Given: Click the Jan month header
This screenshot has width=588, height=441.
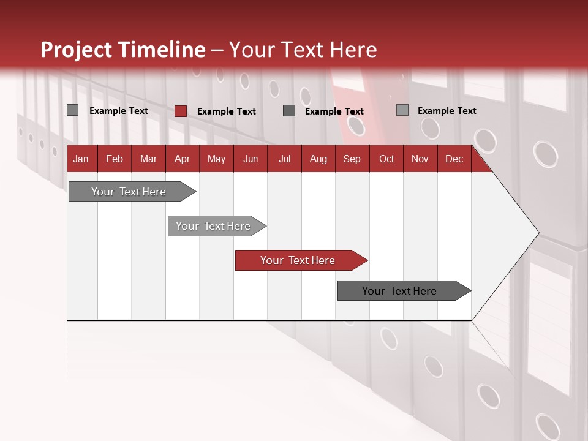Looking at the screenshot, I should click(x=81, y=159).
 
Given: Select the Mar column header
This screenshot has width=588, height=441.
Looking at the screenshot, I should click(x=148, y=159).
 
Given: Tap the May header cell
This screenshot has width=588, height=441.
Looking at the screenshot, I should click(x=216, y=159).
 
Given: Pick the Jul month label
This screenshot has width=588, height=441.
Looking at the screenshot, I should click(x=284, y=159).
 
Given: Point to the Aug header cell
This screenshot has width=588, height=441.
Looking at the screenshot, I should click(x=318, y=159).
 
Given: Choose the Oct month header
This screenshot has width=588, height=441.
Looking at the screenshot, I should click(x=386, y=159).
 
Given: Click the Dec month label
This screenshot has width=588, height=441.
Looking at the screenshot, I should click(x=454, y=159).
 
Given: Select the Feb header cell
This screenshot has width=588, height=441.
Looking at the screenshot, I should click(x=115, y=159).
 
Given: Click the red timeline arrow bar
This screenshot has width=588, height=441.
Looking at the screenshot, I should click(x=300, y=260).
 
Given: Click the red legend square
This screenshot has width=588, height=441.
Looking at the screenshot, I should click(x=181, y=111).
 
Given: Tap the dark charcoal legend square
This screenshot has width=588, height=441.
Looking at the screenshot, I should click(x=289, y=111).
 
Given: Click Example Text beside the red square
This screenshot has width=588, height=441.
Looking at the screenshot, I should click(x=227, y=111).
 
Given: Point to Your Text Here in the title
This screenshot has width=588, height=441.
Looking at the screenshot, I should click(x=303, y=50).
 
